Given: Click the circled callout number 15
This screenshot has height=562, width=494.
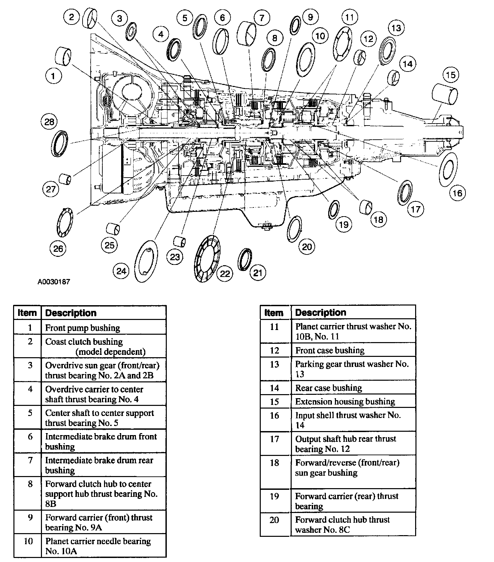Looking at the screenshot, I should [451, 75].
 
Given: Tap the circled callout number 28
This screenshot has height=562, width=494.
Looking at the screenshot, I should [49, 122].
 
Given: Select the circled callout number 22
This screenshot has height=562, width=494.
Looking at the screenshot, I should [225, 274].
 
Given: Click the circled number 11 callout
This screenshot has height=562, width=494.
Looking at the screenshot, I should [350, 17].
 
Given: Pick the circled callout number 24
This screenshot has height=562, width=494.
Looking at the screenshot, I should [121, 271].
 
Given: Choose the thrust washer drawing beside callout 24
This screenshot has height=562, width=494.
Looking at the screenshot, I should [146, 261].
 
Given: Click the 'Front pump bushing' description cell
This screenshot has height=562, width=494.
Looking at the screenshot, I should [83, 328].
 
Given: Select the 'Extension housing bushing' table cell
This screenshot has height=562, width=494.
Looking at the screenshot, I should [345, 402].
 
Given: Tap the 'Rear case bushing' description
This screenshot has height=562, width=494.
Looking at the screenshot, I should [329, 388].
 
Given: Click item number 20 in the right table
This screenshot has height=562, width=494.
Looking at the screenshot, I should [274, 520].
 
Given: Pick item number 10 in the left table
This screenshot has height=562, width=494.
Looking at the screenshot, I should [28, 541].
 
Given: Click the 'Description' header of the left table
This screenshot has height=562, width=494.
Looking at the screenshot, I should [71, 313].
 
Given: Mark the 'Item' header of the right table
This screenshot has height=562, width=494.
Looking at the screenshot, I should [274, 313].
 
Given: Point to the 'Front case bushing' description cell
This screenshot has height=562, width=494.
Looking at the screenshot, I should [330, 350].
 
